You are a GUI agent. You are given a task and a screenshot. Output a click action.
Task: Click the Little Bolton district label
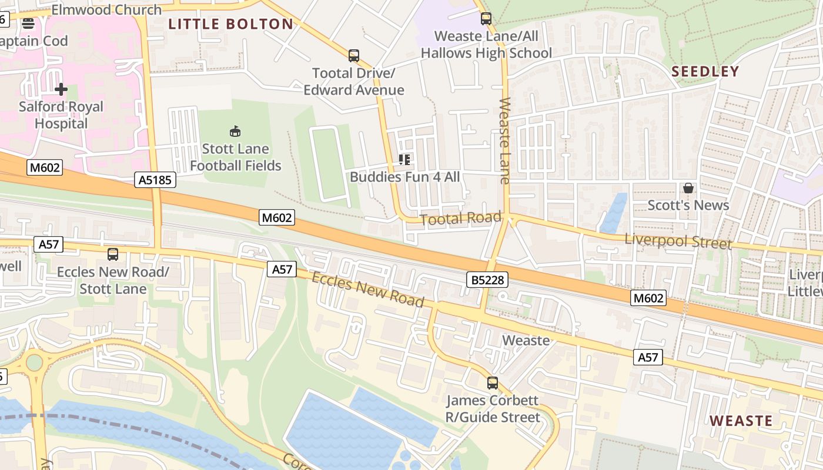230,24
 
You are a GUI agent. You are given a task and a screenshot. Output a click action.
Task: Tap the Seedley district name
705,72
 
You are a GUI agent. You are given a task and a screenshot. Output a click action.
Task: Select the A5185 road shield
156,180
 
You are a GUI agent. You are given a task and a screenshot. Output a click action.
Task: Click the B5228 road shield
487,280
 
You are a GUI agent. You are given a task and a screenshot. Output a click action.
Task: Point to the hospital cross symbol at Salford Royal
61,89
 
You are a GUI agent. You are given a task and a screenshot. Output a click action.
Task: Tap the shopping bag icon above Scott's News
688,188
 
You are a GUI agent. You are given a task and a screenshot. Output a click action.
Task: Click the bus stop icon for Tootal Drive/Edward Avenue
353,56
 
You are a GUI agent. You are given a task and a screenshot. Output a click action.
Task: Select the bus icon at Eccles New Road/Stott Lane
112,254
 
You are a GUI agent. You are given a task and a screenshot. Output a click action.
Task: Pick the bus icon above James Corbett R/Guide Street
492,383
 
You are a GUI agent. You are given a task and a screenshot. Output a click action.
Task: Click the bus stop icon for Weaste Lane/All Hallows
486,18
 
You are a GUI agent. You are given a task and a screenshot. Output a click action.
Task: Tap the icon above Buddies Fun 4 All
404,159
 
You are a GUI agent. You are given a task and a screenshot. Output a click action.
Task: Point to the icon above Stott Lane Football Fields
235,131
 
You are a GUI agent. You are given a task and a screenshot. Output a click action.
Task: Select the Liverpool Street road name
678,241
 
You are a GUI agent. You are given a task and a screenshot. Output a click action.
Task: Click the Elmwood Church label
106,10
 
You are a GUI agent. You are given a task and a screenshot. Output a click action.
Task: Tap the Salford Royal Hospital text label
61,115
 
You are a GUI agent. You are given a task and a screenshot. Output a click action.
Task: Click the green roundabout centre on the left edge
35,362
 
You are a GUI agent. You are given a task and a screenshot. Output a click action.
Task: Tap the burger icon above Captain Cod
28,23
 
